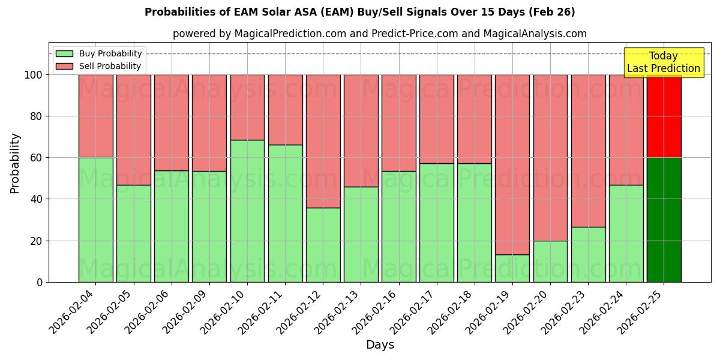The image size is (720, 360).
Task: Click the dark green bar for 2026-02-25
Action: tap(664, 220)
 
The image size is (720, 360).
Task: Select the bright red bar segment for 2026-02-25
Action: tap(664, 116)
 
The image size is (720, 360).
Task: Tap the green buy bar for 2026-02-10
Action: tap(247, 211)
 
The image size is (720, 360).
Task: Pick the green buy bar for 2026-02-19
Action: tap(512, 268)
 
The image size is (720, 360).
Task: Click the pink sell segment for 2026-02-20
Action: tap(550, 157)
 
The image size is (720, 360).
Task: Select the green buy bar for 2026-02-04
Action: tap(95, 220)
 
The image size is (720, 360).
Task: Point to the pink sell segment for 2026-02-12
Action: tap(323, 141)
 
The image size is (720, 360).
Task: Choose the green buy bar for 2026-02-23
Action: tap(588, 254)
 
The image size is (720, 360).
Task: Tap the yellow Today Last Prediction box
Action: tap(663, 62)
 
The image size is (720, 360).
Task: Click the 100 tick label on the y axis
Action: tap(33, 75)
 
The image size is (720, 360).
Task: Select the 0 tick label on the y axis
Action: tap(40, 282)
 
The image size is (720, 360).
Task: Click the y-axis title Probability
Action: tap(15, 163)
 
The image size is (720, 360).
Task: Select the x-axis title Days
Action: tap(380, 345)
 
